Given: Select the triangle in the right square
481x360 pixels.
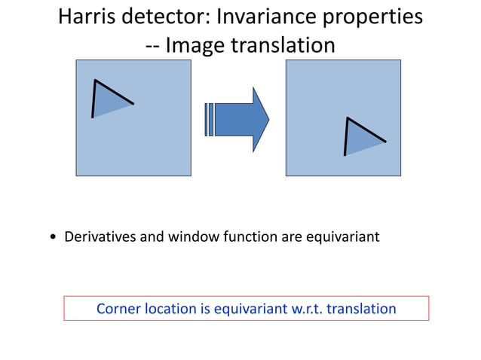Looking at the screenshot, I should (x=360, y=139).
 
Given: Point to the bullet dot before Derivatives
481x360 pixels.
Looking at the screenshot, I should (x=53, y=238).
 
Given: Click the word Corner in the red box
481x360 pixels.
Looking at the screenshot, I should (x=118, y=309).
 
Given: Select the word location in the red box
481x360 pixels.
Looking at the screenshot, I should (x=172, y=309).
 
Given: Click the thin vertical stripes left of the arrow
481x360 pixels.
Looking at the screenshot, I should (x=209, y=119).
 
